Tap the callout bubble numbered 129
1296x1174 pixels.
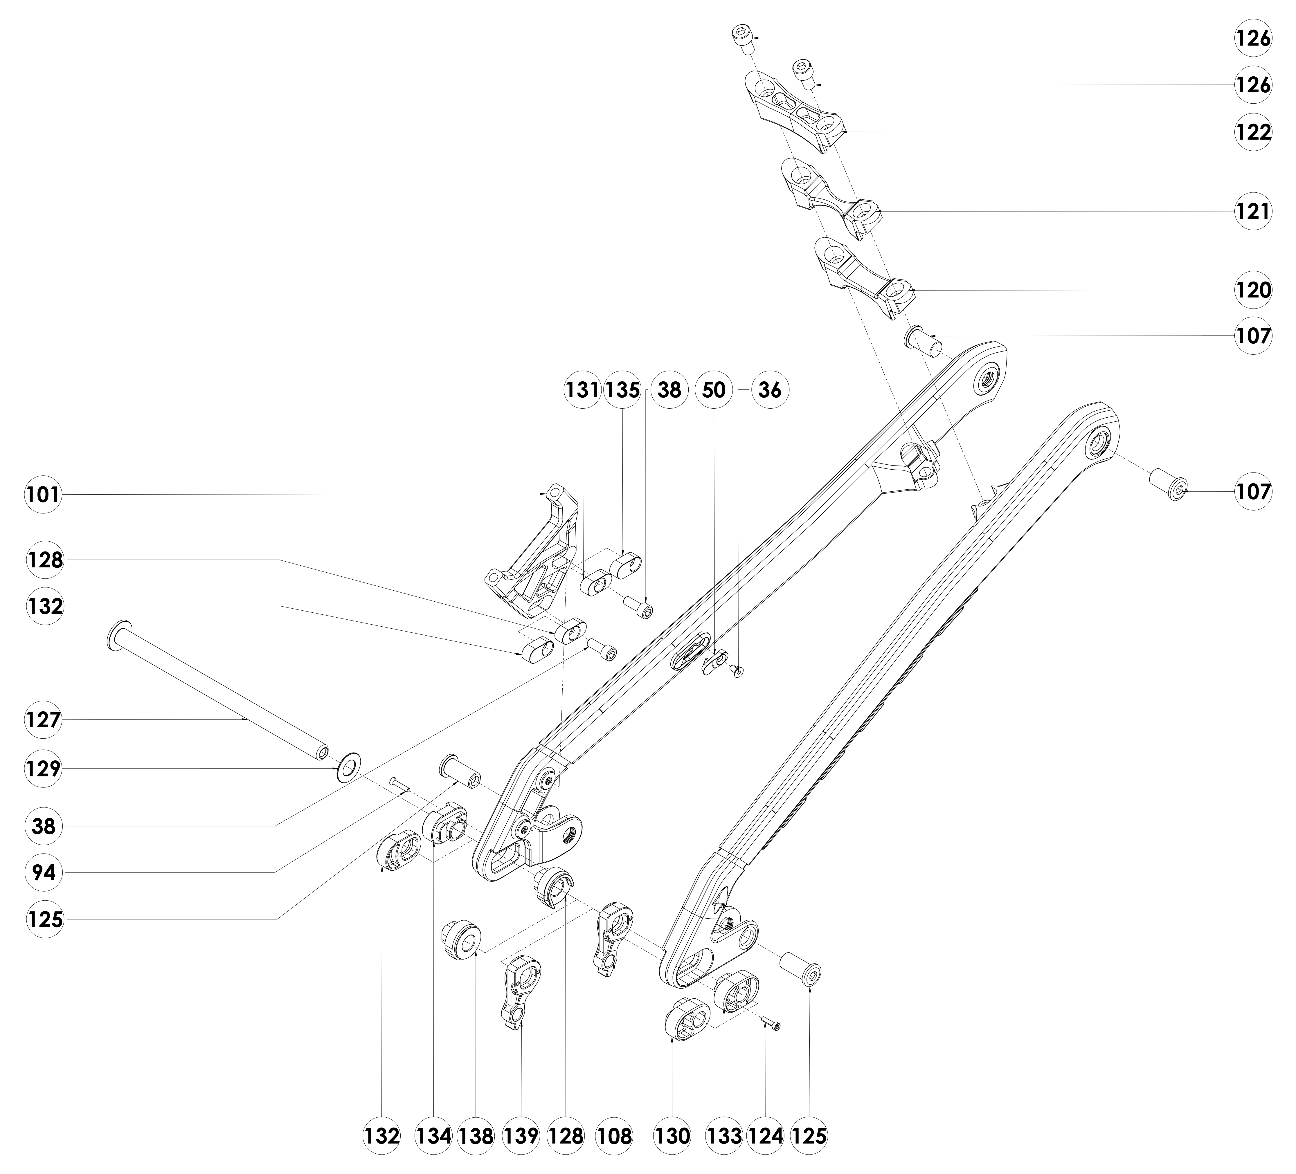(44, 769)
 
